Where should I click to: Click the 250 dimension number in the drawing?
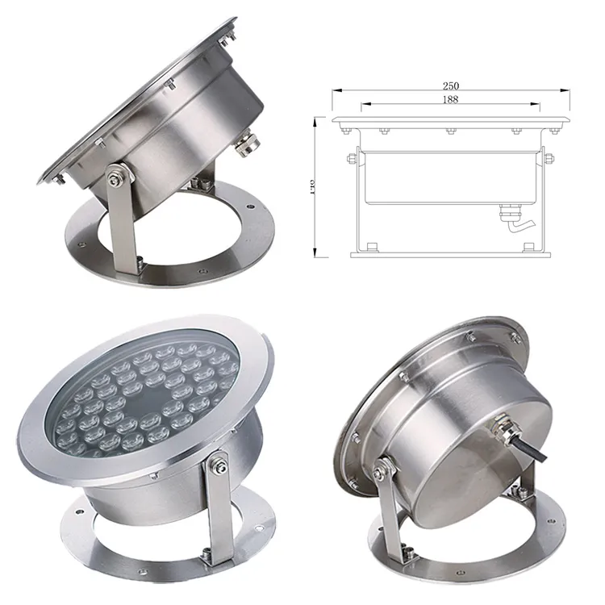pyautogui.click(x=451, y=86)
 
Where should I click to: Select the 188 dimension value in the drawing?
pyautogui.click(x=451, y=99)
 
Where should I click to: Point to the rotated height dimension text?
pyautogui.click(x=312, y=186)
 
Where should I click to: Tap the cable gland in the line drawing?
pyautogui.click(x=509, y=215)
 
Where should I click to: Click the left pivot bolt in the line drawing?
pyautogui.click(x=351, y=158)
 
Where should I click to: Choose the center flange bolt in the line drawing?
pyautogui.click(x=451, y=130)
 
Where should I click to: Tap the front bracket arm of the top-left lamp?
pyautogui.click(x=123, y=226)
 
